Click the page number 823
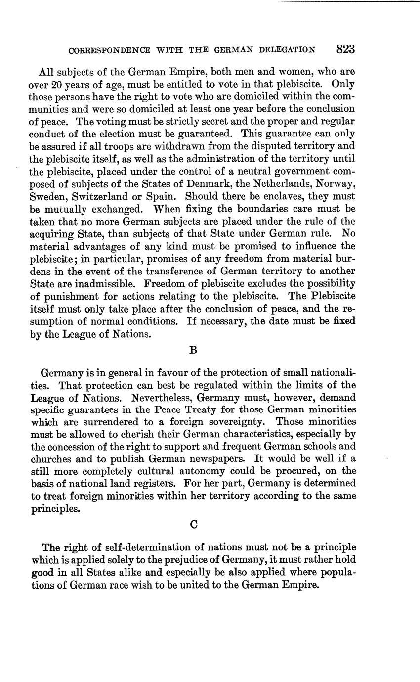[x=345, y=49]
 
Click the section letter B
[x=194, y=350]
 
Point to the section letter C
[x=194, y=526]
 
